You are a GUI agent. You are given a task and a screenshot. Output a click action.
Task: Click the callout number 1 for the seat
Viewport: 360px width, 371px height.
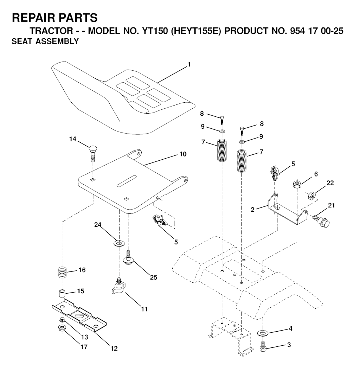coord(189,65)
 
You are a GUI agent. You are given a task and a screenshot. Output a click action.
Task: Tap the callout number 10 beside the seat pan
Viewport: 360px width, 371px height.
coord(183,154)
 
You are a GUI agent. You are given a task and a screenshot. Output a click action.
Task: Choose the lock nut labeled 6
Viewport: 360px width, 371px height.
coord(297,184)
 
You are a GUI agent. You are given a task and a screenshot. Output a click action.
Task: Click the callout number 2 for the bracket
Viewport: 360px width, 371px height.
coord(253,210)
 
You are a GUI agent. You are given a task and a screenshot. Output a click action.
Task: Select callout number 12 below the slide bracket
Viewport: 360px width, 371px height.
coord(114,348)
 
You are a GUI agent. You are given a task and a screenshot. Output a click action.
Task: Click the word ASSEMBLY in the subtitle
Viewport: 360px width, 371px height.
coord(57,41)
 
